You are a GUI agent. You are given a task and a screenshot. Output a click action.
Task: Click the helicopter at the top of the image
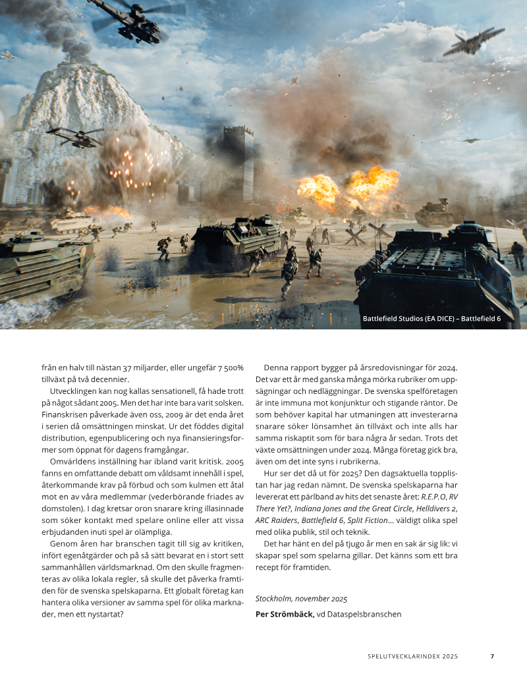[135, 20]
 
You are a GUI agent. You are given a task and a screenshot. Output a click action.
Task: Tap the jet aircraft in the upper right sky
[473, 42]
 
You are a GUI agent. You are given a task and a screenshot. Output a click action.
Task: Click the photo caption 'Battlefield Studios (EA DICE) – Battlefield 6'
[431, 319]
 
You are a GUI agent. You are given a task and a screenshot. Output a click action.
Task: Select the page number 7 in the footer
[492, 656]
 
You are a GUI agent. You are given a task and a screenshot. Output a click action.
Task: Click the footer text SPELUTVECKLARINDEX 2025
[412, 656]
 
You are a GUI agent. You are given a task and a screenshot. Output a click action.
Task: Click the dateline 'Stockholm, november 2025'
[301, 598]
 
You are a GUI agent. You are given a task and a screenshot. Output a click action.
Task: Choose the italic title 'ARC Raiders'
[277, 520]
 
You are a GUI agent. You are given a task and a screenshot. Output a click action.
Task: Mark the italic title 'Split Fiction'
[366, 520]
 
